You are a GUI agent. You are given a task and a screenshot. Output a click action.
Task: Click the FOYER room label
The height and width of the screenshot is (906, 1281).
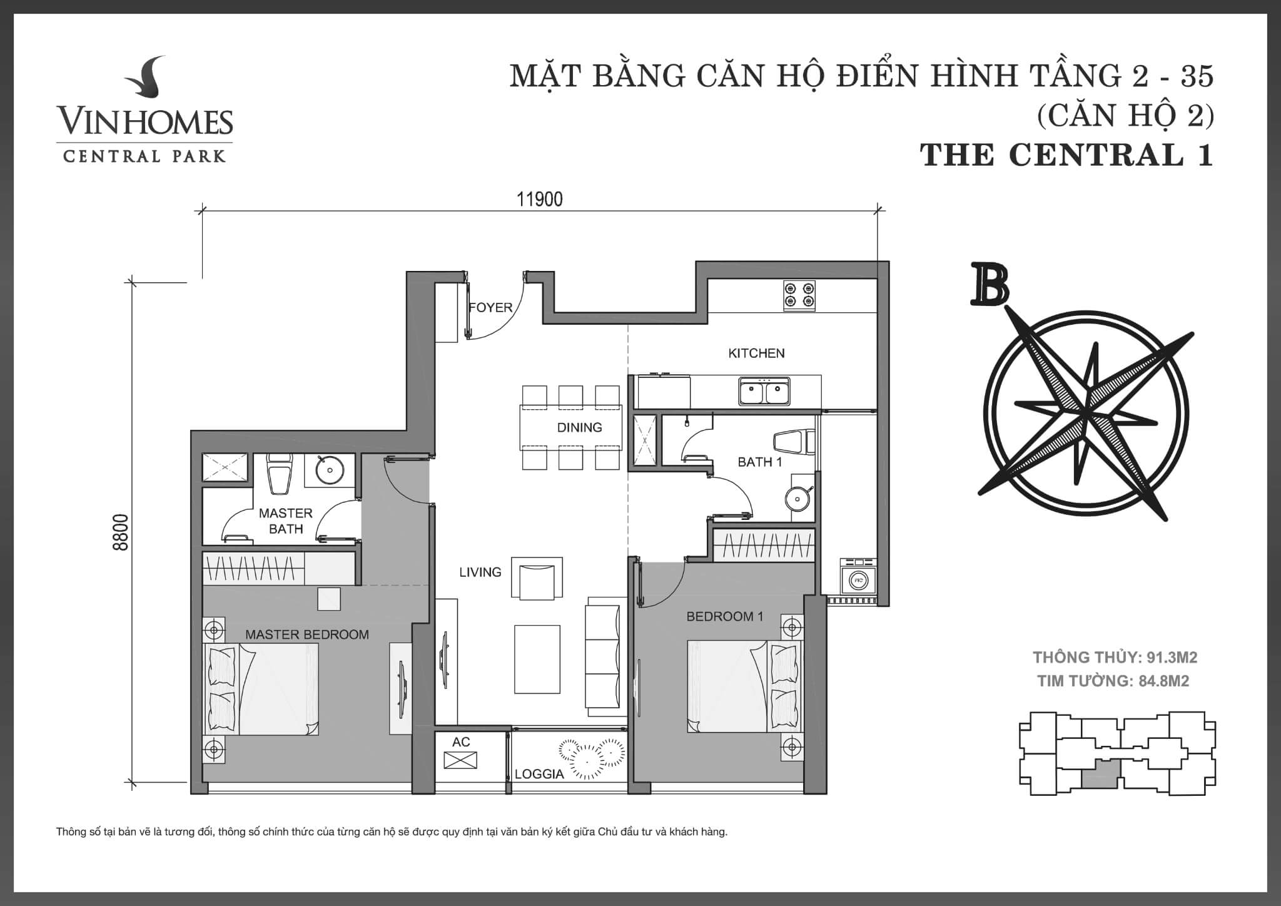click(x=491, y=308)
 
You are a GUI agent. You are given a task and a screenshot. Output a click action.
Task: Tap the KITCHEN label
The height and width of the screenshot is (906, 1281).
click(x=756, y=353)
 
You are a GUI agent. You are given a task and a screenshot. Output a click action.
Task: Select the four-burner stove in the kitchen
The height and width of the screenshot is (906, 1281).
click(x=799, y=295)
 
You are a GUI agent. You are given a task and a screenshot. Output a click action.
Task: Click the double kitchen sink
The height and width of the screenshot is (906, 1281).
click(x=764, y=392)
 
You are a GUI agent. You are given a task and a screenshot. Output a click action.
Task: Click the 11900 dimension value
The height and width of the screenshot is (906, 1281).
click(x=539, y=199)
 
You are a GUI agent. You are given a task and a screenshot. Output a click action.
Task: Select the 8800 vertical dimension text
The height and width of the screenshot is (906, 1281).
click(x=121, y=532)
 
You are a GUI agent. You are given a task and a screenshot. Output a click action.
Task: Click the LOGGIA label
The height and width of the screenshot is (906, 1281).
click(x=539, y=774)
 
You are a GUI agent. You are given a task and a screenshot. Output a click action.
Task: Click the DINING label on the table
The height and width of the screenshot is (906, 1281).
click(x=579, y=427)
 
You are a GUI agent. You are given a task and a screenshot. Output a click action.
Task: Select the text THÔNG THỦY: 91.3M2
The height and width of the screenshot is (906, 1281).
click(x=1115, y=657)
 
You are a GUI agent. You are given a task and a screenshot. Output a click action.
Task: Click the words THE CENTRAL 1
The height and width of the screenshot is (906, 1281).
click(x=1066, y=155)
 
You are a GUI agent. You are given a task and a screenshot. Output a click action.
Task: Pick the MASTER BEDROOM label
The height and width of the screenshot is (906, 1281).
click(x=306, y=634)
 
